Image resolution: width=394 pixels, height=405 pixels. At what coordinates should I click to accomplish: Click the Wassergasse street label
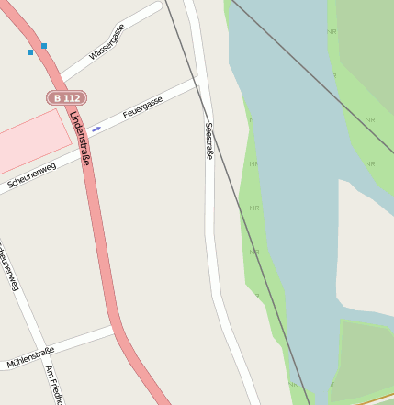[x=107, y=42]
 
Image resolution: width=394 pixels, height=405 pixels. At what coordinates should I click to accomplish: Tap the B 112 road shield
[x=66, y=97]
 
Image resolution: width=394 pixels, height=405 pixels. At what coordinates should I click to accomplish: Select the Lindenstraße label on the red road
[x=79, y=138]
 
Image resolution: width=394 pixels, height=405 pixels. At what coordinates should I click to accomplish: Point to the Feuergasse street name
[x=142, y=107]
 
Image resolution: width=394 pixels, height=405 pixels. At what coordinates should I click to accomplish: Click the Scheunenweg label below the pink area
[x=32, y=174]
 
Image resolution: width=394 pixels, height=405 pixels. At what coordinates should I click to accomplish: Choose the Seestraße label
[x=209, y=141]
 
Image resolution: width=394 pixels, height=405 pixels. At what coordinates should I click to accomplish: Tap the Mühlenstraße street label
[x=30, y=357]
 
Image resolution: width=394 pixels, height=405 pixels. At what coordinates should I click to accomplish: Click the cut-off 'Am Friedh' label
[x=54, y=385]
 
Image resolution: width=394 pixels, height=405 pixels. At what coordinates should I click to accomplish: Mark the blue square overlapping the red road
[x=43, y=45]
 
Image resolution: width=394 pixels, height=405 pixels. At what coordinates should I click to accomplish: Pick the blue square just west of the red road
[x=30, y=52]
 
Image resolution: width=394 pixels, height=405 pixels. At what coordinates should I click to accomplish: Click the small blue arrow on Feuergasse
[x=96, y=129]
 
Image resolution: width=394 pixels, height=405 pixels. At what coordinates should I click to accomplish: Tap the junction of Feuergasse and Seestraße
[x=197, y=83]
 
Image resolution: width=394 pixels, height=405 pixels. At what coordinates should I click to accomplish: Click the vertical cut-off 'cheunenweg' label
[x=9, y=266]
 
